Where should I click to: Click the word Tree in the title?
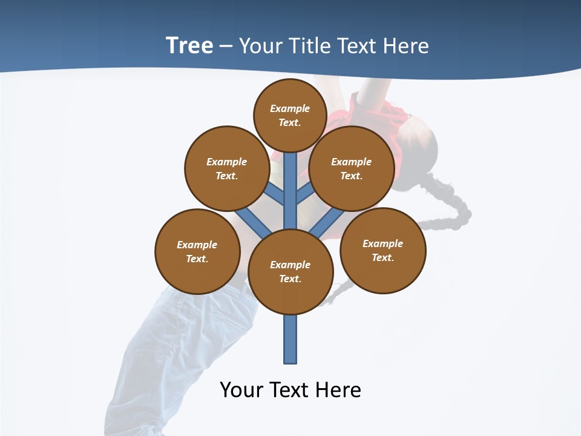[189, 46]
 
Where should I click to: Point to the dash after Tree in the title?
[226, 47]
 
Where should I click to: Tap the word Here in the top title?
[407, 46]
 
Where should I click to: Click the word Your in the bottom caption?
[241, 389]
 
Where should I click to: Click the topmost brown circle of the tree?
[290, 115]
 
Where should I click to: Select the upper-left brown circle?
[226, 168]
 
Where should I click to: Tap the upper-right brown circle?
[352, 168]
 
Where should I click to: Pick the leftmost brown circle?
[197, 251]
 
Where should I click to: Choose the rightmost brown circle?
[382, 250]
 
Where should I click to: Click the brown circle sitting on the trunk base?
[290, 271]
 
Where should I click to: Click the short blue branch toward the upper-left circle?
[275, 194]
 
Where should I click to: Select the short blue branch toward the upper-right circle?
[305, 194]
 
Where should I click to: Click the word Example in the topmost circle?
[290, 108]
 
